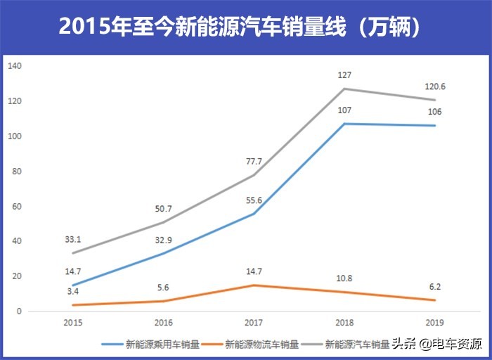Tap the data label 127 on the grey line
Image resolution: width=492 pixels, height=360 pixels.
(x=344, y=75)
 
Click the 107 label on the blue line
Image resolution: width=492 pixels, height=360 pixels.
(x=344, y=110)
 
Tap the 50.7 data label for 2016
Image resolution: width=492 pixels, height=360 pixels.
(x=163, y=208)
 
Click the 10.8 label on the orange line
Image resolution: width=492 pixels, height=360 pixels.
(x=344, y=278)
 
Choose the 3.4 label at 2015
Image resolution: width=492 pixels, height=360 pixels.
(x=72, y=290)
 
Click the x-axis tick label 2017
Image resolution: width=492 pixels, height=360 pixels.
(x=254, y=323)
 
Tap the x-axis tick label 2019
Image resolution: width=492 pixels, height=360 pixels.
(x=435, y=323)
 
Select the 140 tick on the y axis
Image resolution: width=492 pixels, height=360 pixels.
(x=15, y=66)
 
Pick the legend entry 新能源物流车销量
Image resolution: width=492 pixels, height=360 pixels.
(x=261, y=345)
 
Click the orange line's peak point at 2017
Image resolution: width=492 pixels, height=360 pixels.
(x=254, y=285)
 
